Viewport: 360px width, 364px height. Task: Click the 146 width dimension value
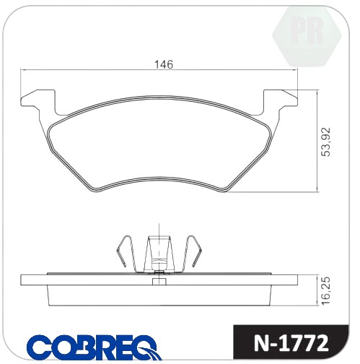pos(164,64)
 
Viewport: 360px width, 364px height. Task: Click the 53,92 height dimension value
pos(326,142)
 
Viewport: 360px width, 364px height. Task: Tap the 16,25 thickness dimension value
pos(326,291)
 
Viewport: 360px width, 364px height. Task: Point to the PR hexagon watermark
pos(307,36)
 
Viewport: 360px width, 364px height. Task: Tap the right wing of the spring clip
pos(193,253)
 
